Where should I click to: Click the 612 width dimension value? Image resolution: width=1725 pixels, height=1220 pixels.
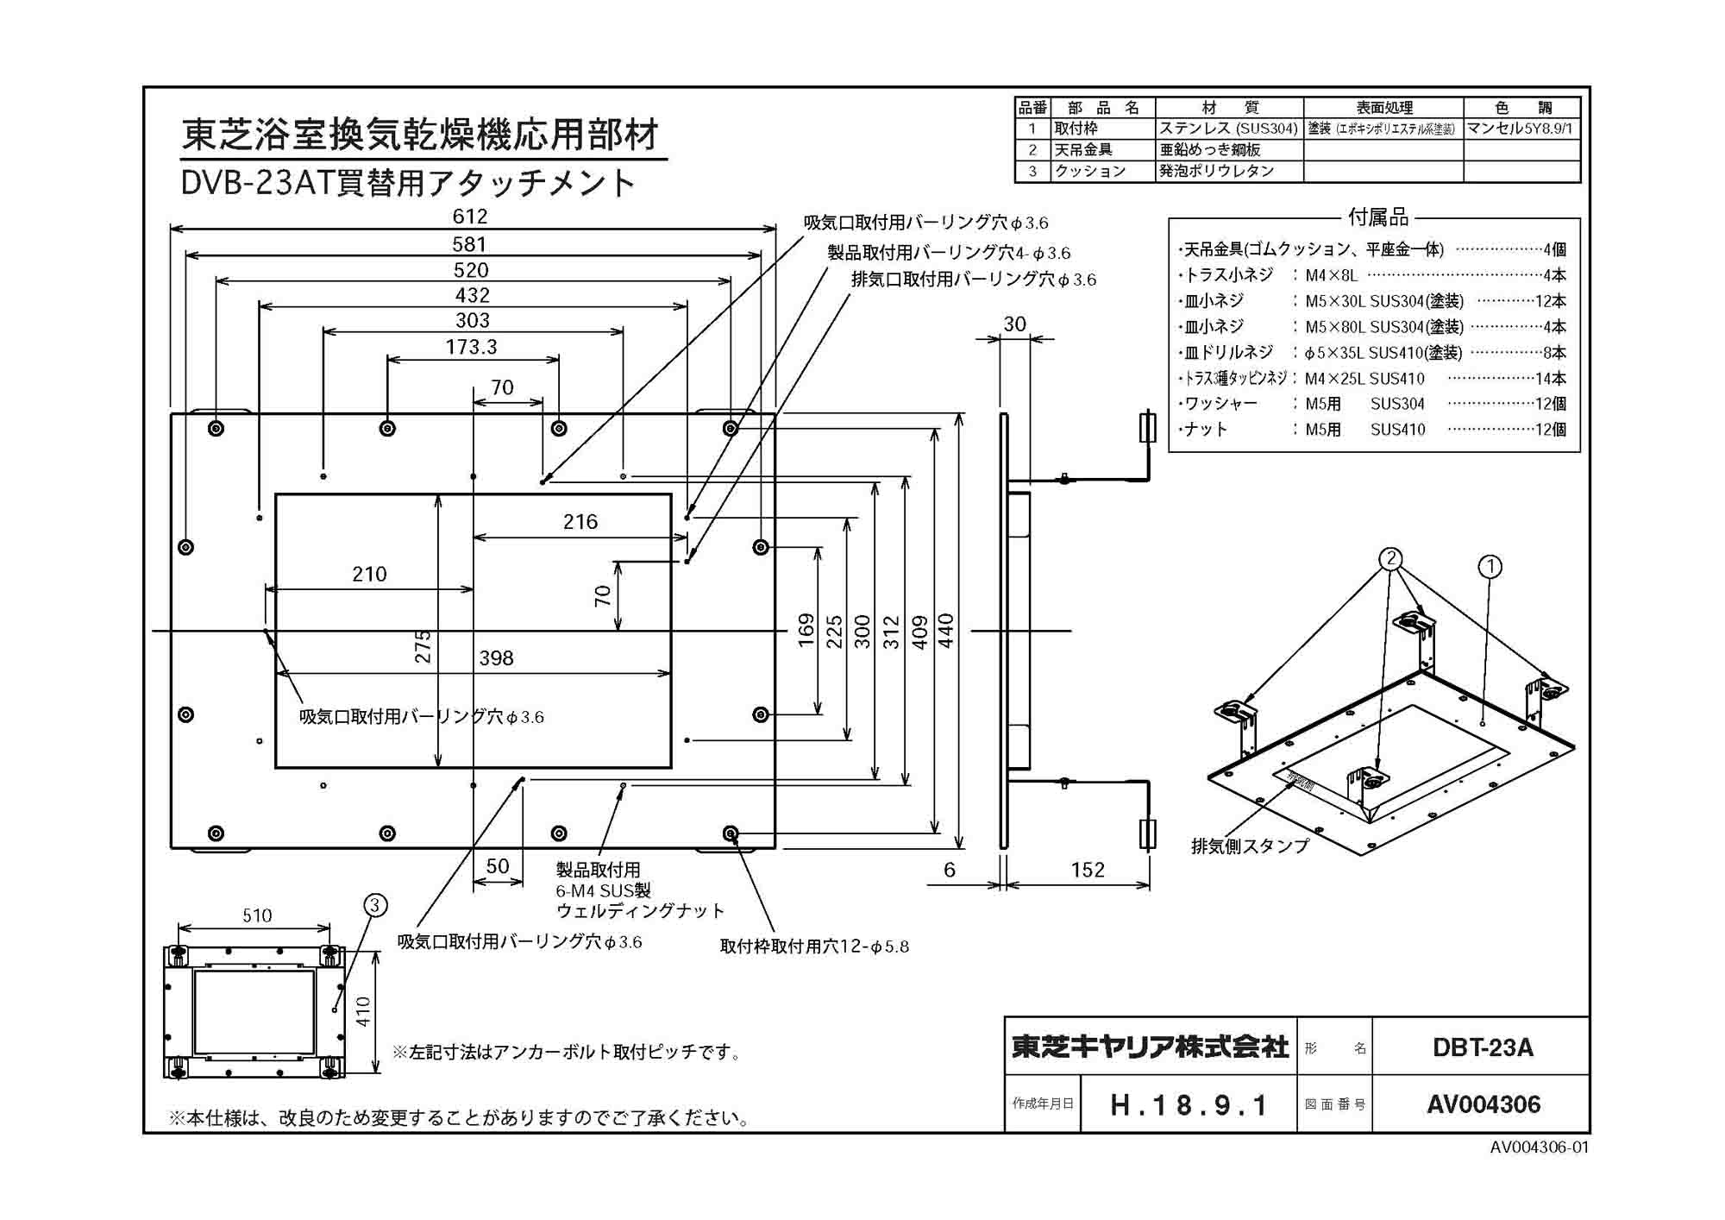click(x=470, y=217)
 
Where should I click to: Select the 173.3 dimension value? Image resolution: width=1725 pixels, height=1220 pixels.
click(x=471, y=347)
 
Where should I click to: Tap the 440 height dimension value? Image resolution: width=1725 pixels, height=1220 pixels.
click(x=946, y=631)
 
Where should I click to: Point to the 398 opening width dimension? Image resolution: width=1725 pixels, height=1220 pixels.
click(x=496, y=658)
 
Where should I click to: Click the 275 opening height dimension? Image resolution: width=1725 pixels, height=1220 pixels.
click(x=423, y=646)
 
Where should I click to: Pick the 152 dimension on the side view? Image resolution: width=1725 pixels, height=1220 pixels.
click(x=1088, y=870)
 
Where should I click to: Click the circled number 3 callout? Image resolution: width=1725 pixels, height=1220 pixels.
click(x=375, y=905)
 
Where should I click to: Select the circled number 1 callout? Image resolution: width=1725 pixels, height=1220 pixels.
click(x=1490, y=567)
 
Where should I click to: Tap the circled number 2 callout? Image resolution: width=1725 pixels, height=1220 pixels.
click(x=1390, y=559)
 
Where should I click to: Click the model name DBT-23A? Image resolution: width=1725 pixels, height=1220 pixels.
click(x=1483, y=1047)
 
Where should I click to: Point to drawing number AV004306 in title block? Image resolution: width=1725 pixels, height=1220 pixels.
click(x=1483, y=1104)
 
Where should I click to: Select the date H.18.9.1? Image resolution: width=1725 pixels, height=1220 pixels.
click(x=1189, y=1105)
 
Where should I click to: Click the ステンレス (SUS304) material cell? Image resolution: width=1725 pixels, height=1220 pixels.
click(x=1228, y=129)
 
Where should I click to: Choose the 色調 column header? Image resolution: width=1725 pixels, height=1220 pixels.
click(x=1523, y=108)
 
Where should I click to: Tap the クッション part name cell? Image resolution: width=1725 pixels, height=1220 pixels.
click(x=1090, y=171)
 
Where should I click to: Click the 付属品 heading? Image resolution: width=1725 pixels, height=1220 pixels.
click(x=1377, y=217)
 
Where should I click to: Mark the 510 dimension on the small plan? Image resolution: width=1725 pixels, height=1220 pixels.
click(x=257, y=915)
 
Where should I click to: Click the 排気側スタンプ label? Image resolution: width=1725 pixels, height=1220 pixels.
click(x=1250, y=846)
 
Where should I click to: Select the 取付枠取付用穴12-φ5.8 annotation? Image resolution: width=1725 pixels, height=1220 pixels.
click(x=814, y=946)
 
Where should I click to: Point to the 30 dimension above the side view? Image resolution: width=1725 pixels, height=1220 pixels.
click(x=1014, y=324)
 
